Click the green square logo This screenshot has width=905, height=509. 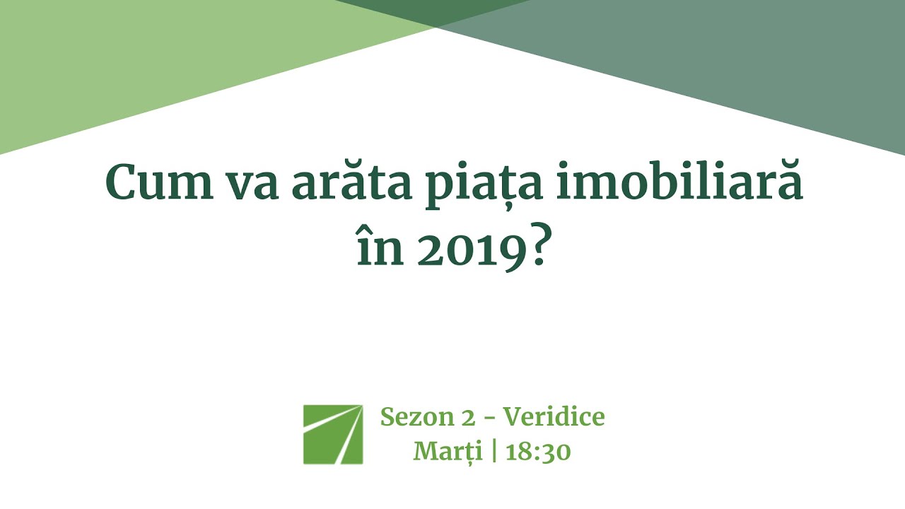(x=333, y=434)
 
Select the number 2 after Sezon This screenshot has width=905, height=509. (x=468, y=418)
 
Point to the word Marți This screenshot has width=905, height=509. (x=448, y=451)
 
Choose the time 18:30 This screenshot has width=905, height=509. (x=538, y=451)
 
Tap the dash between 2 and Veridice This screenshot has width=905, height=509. (x=489, y=418)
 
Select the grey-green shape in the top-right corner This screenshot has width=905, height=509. (x=742, y=49)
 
